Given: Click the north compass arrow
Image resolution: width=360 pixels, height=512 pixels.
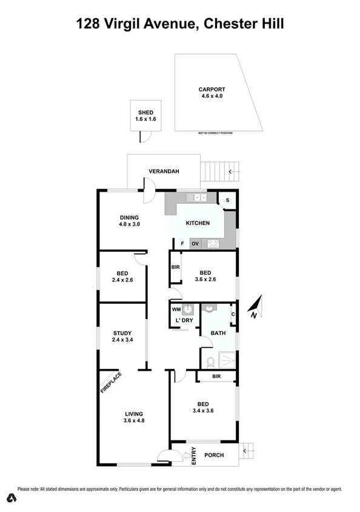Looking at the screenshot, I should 256,306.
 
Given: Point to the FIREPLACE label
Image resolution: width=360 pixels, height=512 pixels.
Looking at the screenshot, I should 111,383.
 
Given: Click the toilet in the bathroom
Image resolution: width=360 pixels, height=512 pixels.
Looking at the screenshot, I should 210,362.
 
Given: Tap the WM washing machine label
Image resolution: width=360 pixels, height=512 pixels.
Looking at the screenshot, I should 176,310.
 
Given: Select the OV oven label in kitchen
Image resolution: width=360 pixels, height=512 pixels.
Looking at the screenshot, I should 195,244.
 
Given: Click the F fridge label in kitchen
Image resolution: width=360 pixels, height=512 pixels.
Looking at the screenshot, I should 182,244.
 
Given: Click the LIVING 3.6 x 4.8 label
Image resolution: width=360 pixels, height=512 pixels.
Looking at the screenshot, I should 133,417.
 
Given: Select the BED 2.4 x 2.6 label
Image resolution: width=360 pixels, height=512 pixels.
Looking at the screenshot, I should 122,276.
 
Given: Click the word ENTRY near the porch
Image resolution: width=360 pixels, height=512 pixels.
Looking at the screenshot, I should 194,456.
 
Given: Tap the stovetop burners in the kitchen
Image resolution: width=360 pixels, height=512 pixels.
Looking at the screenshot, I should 213,244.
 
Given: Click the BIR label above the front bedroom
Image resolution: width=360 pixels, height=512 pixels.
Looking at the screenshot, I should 216,377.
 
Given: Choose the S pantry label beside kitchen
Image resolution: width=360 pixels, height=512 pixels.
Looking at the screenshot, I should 227,200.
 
